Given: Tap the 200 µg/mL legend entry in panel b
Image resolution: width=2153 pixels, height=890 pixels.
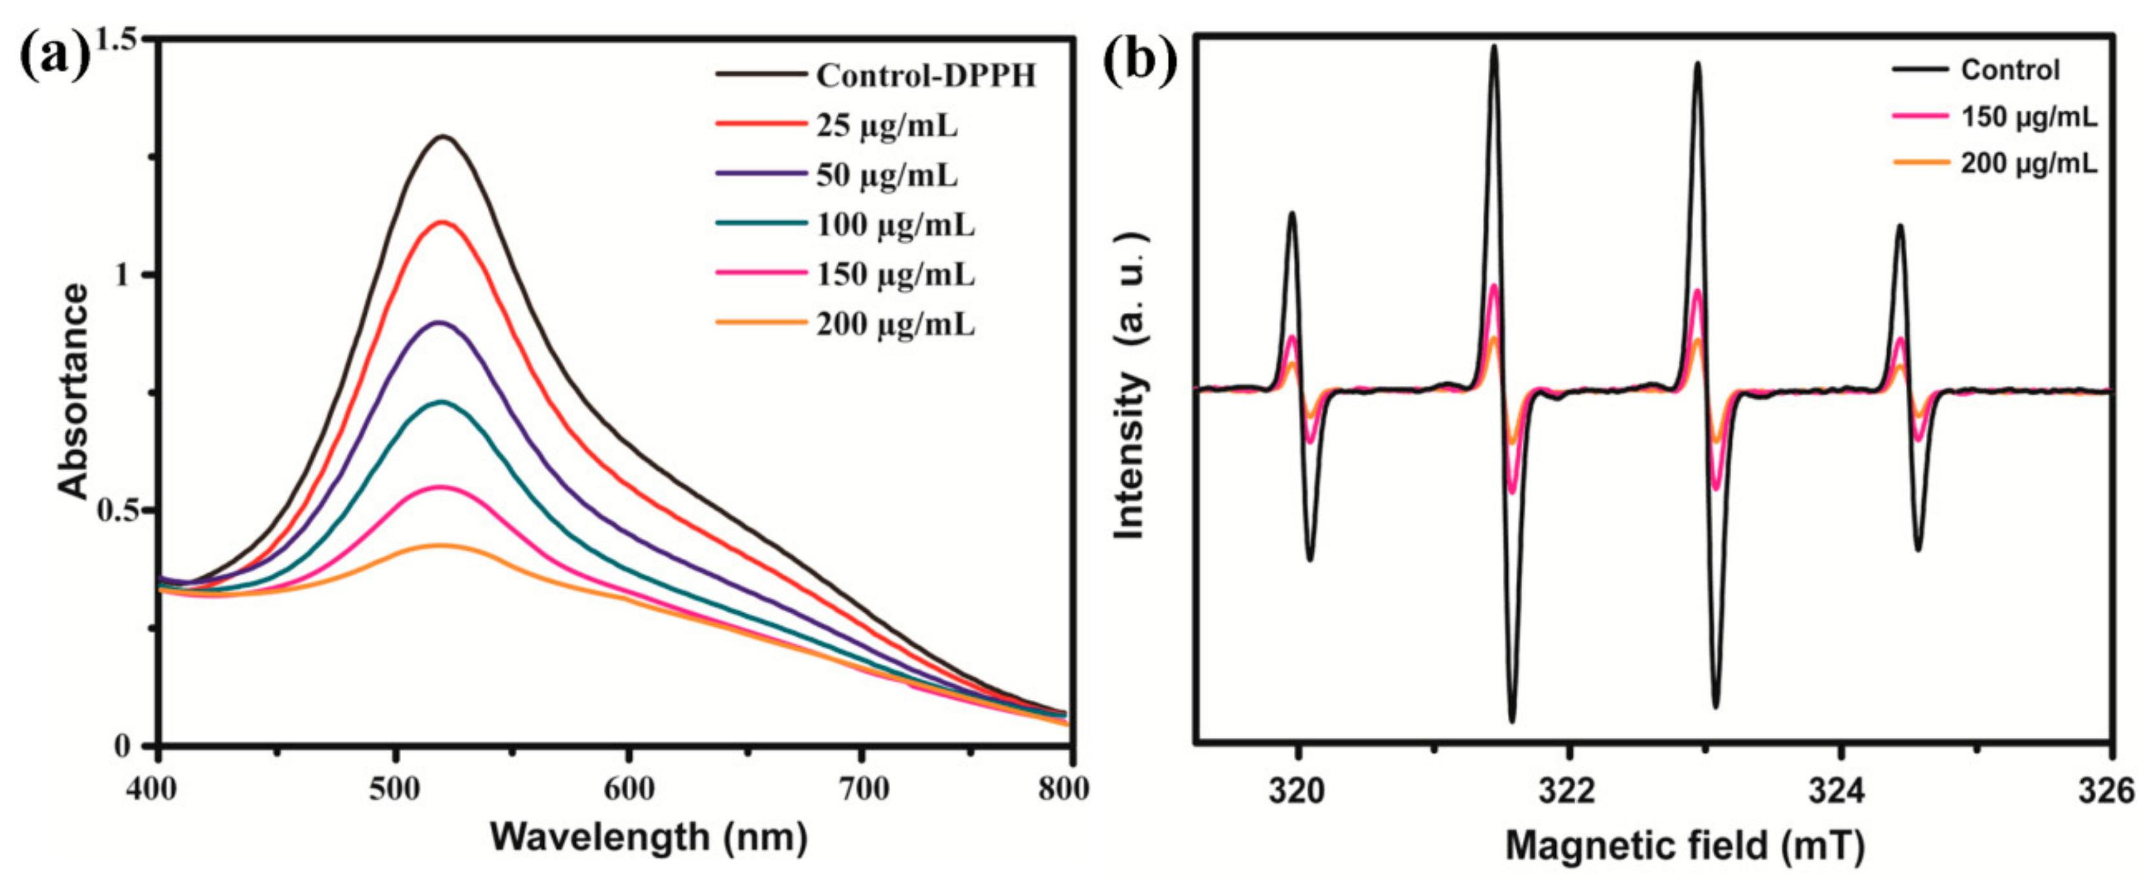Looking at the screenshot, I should point(2029,163).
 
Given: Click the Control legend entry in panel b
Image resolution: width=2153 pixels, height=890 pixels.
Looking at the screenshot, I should point(2009,71).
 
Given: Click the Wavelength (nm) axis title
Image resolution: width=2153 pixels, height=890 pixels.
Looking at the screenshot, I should point(649,836).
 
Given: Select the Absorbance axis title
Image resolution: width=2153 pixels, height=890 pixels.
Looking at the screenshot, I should point(74,392).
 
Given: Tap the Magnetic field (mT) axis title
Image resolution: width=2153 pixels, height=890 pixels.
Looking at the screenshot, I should point(1685,846).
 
